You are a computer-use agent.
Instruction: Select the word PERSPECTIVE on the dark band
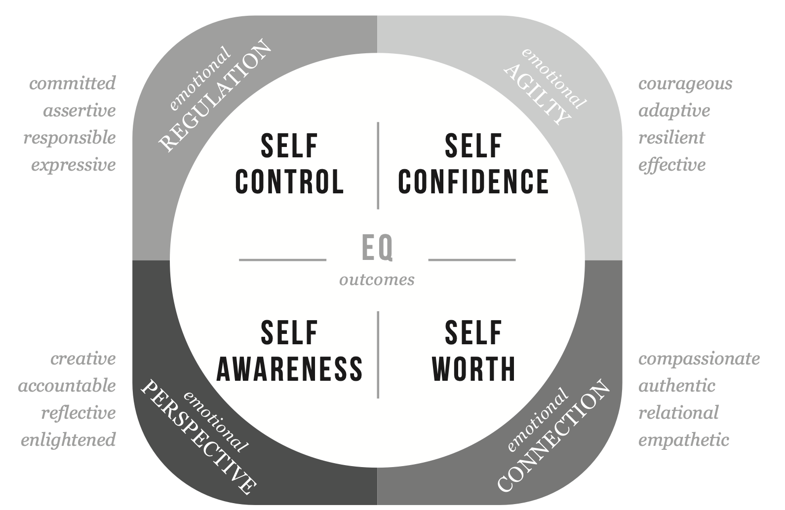(x=199, y=437)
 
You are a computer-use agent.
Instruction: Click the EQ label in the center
(x=378, y=248)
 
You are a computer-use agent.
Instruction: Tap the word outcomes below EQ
(x=377, y=280)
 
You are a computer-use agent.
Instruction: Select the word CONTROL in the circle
(x=289, y=181)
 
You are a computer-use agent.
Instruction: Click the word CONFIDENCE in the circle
(x=473, y=181)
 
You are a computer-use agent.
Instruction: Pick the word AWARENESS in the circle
(x=290, y=368)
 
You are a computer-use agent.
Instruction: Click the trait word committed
(x=73, y=83)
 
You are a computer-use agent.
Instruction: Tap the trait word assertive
(x=79, y=110)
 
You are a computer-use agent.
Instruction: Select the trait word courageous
(x=685, y=83)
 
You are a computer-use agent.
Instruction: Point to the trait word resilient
(x=671, y=137)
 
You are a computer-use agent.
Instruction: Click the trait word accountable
(x=67, y=385)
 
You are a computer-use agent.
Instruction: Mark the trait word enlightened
(x=68, y=439)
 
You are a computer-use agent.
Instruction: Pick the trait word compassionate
(x=699, y=359)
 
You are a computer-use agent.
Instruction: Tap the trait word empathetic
(x=683, y=439)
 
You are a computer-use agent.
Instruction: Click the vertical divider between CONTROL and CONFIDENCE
(x=378, y=165)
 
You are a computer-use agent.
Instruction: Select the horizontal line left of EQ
(x=282, y=259)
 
